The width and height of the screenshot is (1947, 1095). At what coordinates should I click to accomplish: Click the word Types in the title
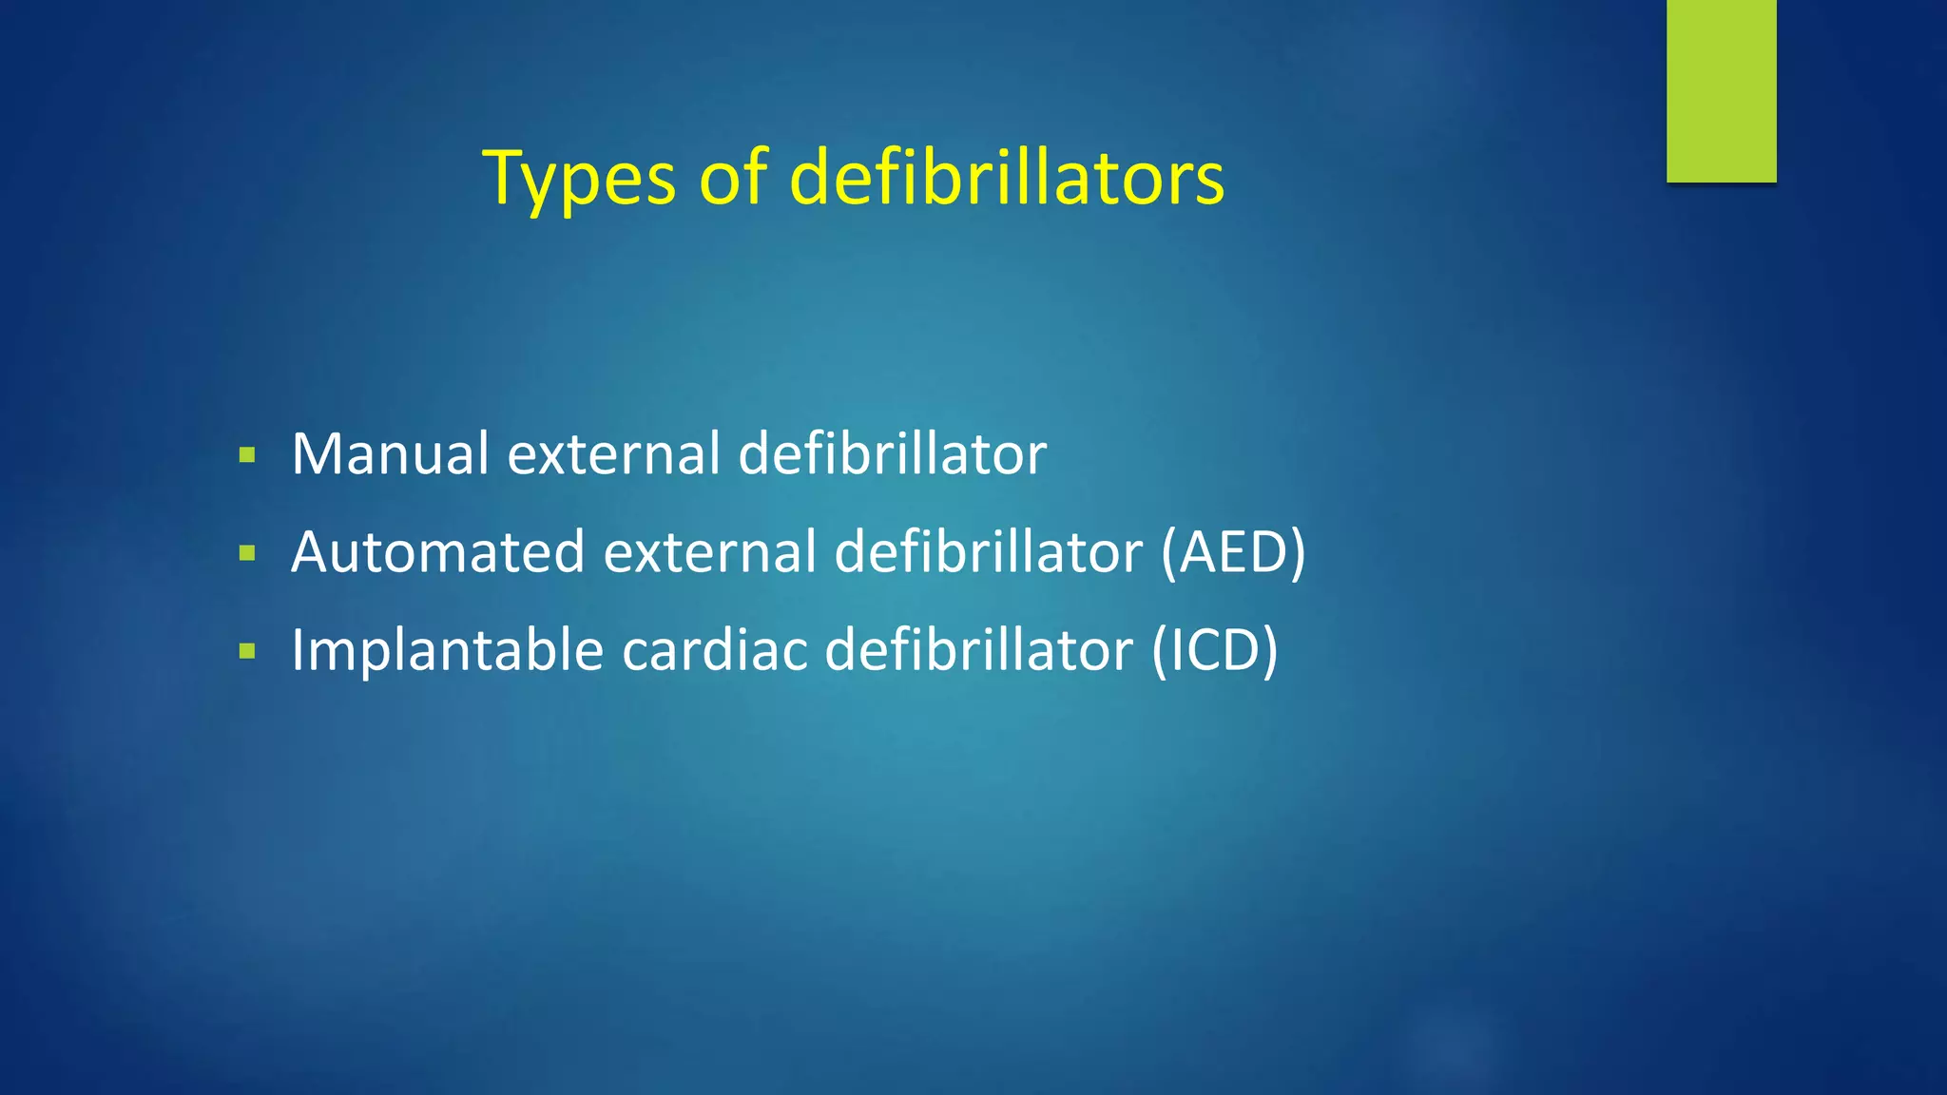tap(579, 178)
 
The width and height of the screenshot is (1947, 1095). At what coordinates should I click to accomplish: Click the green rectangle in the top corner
tap(1721, 90)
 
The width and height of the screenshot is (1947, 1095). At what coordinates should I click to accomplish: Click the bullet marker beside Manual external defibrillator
tap(248, 455)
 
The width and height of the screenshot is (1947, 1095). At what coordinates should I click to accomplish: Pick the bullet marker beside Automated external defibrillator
tap(248, 553)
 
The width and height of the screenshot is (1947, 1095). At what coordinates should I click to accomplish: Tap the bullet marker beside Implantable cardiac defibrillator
tap(248, 652)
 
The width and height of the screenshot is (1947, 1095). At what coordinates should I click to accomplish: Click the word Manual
tap(390, 453)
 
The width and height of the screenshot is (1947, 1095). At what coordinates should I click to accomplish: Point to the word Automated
tap(437, 552)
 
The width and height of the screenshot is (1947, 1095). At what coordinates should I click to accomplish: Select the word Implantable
tap(447, 651)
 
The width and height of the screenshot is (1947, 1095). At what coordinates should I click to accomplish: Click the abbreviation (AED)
tap(1233, 552)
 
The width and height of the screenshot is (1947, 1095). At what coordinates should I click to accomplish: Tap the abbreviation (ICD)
tap(1214, 651)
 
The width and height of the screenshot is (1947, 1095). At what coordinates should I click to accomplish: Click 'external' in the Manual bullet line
tap(614, 453)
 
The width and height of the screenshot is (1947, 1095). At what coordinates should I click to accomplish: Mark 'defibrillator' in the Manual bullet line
tap(893, 453)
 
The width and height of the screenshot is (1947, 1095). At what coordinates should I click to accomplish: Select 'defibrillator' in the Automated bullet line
tap(988, 552)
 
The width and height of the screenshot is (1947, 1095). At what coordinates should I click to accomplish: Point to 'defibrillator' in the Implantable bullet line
tap(978, 651)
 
